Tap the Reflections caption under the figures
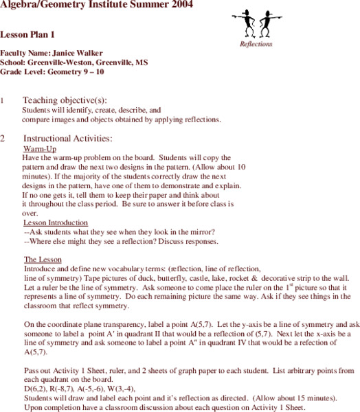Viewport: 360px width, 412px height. (256, 44)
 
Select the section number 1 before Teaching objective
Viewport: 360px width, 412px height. (3, 100)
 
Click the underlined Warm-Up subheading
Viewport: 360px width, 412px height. (39, 148)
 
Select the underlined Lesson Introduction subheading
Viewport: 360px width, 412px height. (56, 222)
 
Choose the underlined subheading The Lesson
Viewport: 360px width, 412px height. (43, 260)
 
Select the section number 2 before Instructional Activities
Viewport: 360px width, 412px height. (3, 138)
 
